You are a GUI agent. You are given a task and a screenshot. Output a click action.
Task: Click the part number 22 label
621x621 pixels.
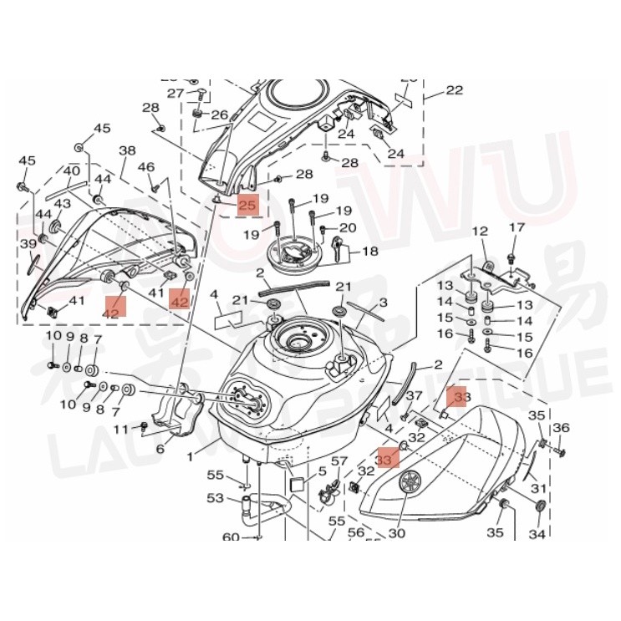(x=453, y=90)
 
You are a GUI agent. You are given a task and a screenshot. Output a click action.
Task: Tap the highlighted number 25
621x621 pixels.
(x=248, y=205)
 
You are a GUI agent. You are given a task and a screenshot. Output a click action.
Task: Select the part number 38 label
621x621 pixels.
(x=127, y=151)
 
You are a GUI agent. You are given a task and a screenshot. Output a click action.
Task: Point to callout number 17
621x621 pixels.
(x=517, y=227)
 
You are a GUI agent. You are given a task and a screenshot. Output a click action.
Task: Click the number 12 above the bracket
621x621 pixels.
(x=480, y=232)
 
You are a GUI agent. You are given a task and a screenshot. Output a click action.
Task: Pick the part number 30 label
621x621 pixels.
(x=395, y=532)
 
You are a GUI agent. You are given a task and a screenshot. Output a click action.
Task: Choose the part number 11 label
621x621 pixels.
(x=121, y=429)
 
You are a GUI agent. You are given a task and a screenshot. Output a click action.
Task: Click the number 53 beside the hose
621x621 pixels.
(x=216, y=498)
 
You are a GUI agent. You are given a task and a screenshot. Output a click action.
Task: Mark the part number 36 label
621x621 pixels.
(x=561, y=428)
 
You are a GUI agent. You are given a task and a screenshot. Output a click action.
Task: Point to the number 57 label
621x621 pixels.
(x=338, y=462)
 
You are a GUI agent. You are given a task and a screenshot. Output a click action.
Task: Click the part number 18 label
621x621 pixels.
(x=369, y=251)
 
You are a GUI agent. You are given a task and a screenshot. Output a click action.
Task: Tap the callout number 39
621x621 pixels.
(x=28, y=243)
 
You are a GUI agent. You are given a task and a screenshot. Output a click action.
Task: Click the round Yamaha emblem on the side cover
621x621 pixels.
(x=410, y=484)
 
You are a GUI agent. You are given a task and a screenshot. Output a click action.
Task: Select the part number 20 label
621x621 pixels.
(x=347, y=227)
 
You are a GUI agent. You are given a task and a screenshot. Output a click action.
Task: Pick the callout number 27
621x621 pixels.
(x=175, y=93)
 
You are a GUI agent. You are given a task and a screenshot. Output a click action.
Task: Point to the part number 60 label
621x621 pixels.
(x=231, y=537)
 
